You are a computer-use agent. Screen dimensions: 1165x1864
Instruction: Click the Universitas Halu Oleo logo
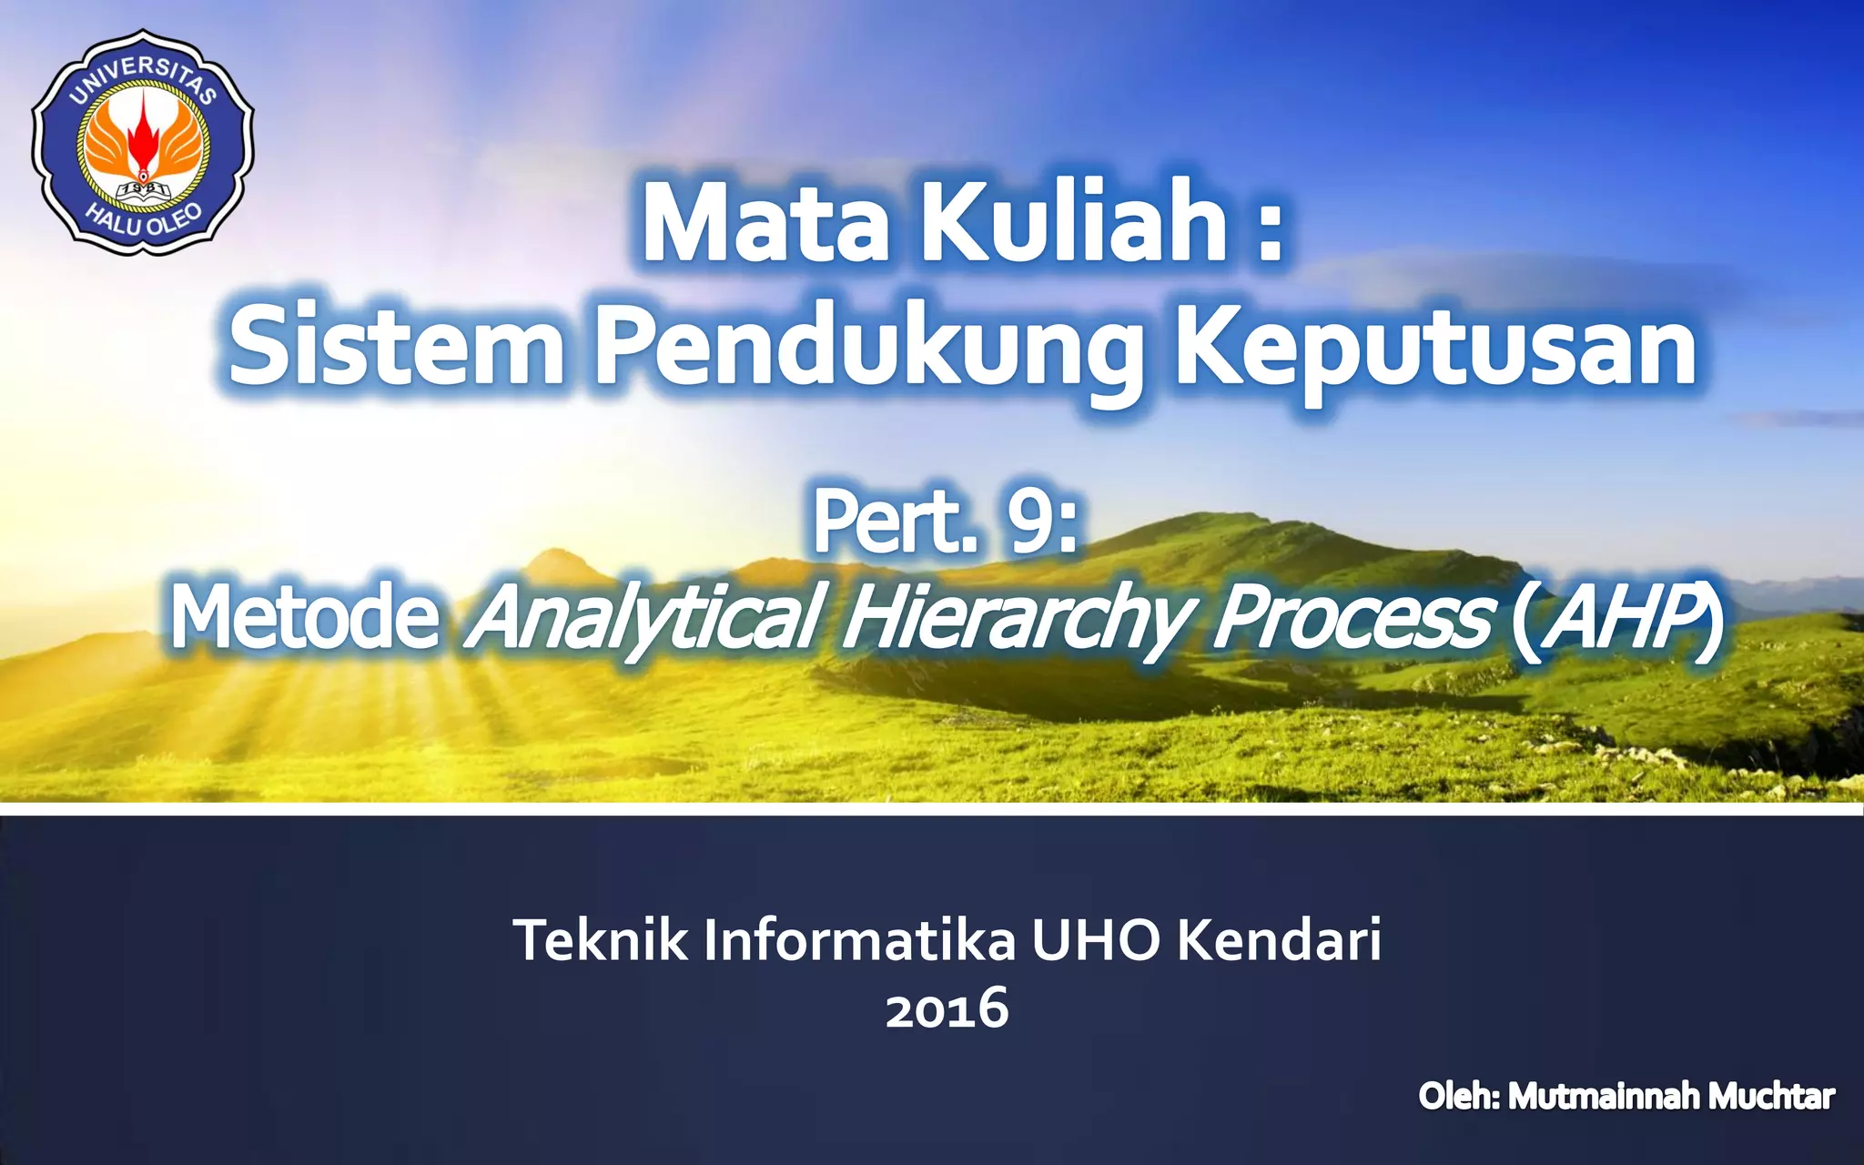pyautogui.click(x=143, y=142)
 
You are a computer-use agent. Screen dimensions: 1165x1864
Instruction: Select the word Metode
pyautogui.click(x=305, y=618)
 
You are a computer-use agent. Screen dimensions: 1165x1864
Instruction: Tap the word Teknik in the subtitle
pyautogui.click(x=601, y=940)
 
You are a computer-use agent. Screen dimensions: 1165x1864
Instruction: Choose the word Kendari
pyautogui.click(x=1279, y=940)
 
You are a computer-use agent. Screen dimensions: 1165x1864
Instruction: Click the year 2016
pyautogui.click(x=947, y=1008)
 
